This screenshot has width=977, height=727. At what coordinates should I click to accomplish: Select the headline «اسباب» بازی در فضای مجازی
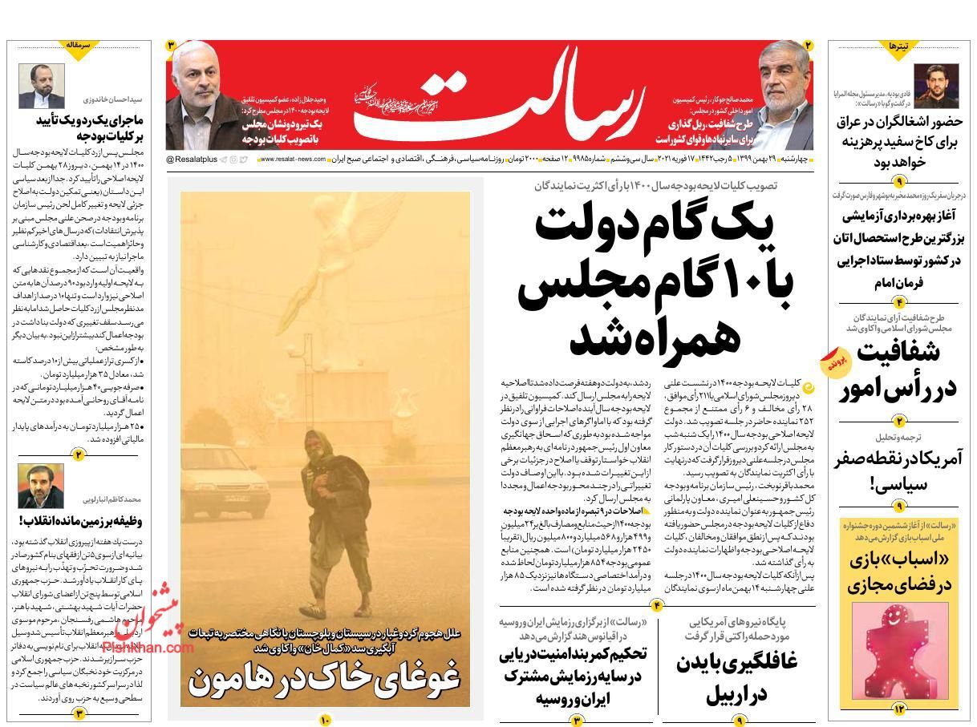coord(900,572)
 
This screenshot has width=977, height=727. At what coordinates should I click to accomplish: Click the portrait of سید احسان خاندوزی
coord(41,87)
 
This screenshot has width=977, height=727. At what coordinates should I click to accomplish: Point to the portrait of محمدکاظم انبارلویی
coord(41,486)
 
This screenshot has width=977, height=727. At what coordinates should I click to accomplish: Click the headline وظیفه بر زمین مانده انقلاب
coord(80,520)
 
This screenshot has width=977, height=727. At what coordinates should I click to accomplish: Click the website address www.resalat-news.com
coord(293,160)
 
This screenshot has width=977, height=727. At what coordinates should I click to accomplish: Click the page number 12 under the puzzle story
coord(898,709)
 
